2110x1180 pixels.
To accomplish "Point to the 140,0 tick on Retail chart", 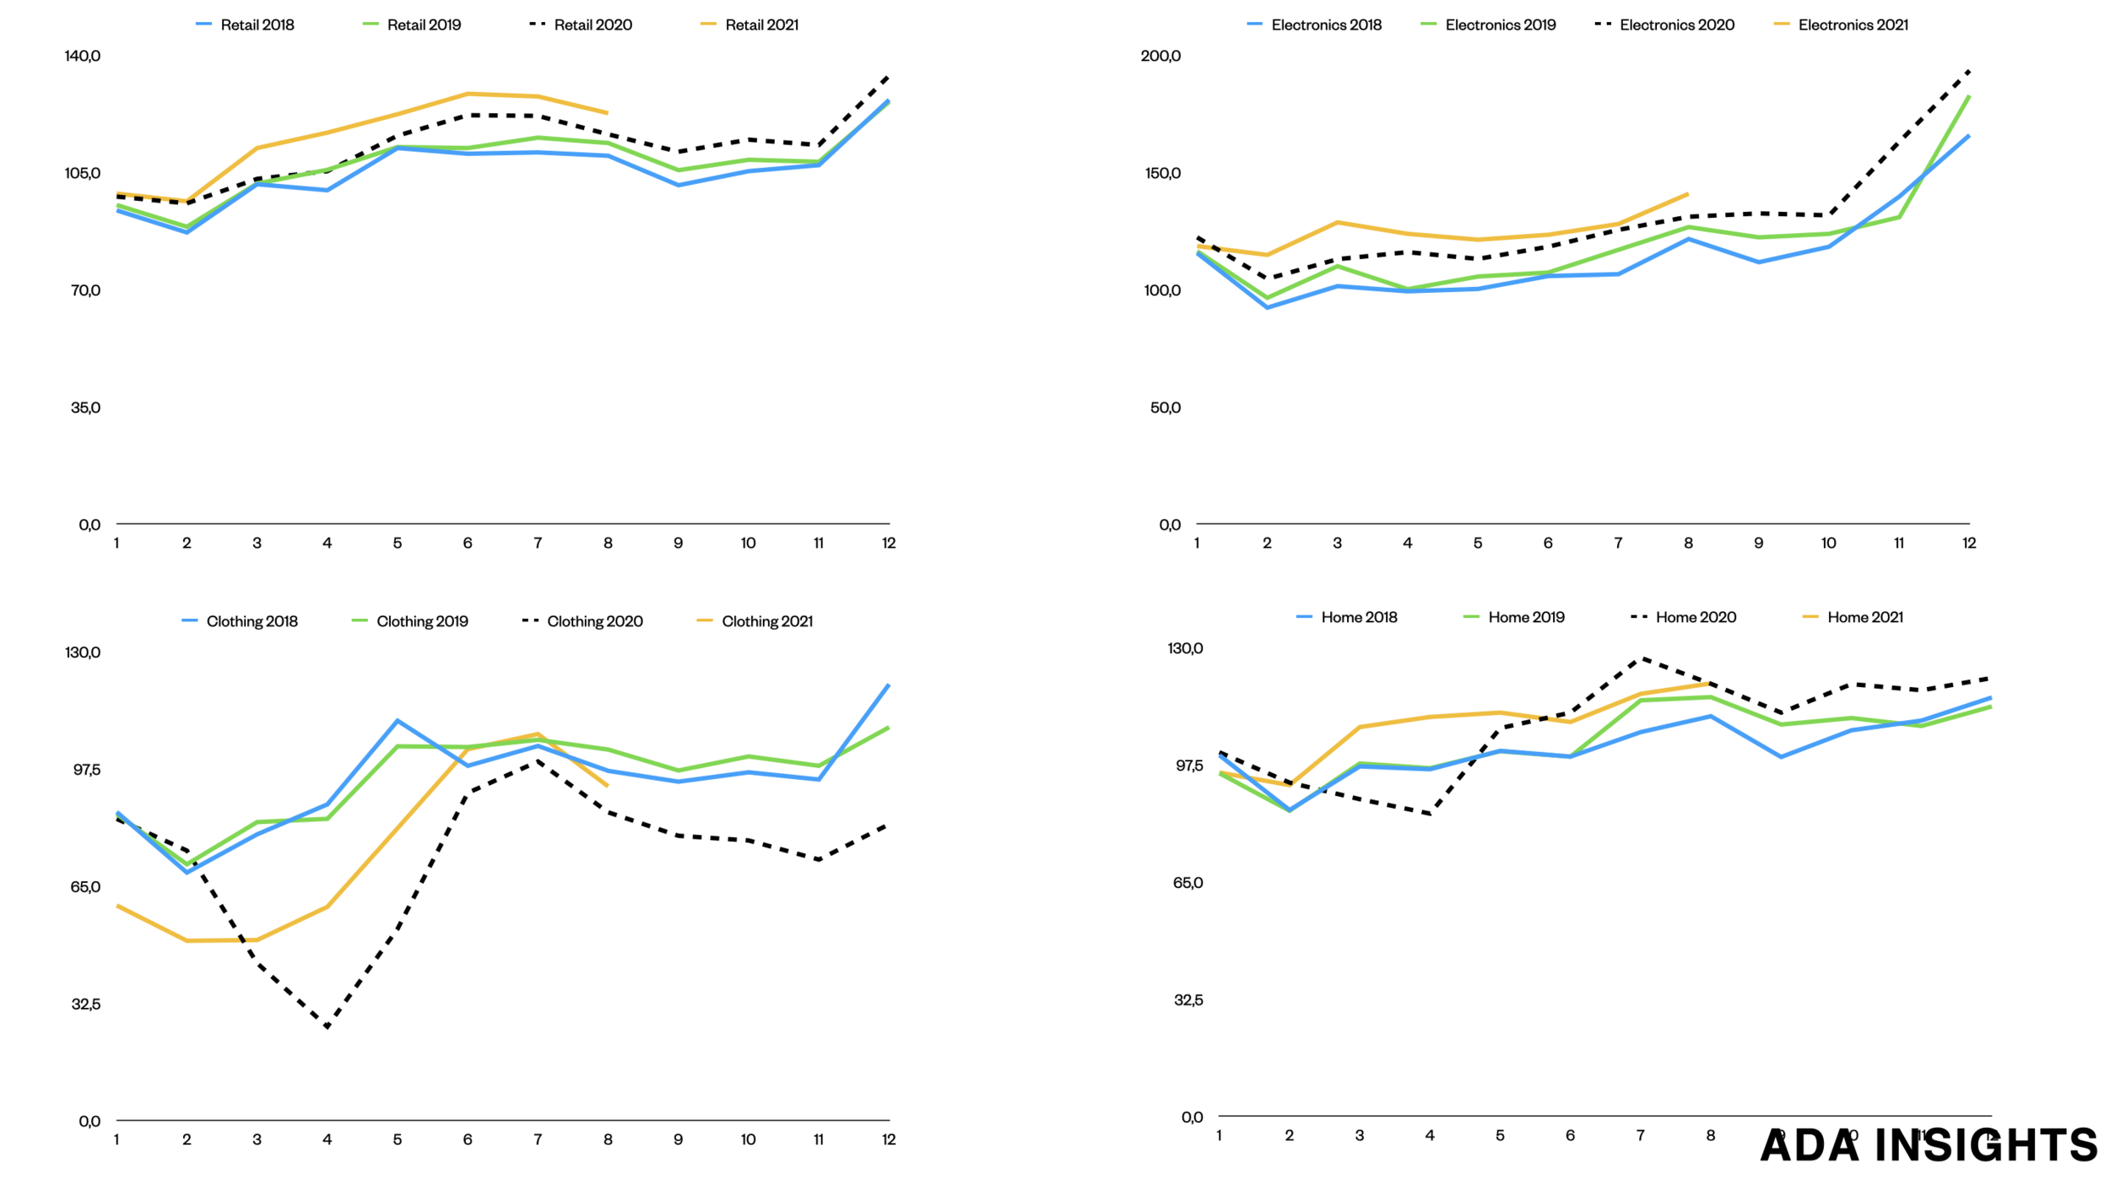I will tap(83, 56).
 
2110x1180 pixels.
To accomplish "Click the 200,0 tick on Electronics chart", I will tap(1160, 56).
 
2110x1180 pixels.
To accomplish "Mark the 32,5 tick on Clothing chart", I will tap(86, 1004).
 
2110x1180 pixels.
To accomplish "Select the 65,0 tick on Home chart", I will tap(1188, 882).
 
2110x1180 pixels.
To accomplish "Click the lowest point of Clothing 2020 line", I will tap(327, 1027).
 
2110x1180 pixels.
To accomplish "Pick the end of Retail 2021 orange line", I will tap(607, 112).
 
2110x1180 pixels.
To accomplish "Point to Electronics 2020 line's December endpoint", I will tap(1969, 71).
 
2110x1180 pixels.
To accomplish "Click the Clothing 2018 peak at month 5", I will tap(398, 720).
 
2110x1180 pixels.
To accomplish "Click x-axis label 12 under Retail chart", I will tap(889, 543).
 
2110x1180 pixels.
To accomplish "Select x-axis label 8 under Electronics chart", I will tap(1688, 543).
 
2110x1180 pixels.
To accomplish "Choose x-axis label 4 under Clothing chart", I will tap(327, 1139).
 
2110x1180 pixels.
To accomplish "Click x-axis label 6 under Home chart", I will tap(1570, 1135).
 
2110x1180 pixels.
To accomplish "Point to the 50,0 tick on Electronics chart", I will tap(1165, 408).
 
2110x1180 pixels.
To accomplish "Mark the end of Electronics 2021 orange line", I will tap(1687, 194).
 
